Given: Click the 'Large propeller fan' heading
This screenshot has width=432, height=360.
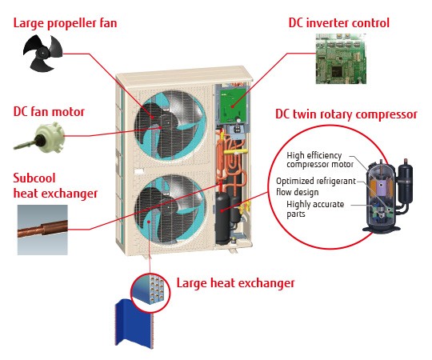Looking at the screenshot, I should coord(65,22).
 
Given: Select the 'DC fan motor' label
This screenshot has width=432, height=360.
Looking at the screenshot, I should coord(49,111).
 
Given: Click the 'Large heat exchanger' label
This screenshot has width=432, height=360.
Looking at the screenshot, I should coord(235,282).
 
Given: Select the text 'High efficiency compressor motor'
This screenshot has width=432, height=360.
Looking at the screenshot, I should coord(320,161).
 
